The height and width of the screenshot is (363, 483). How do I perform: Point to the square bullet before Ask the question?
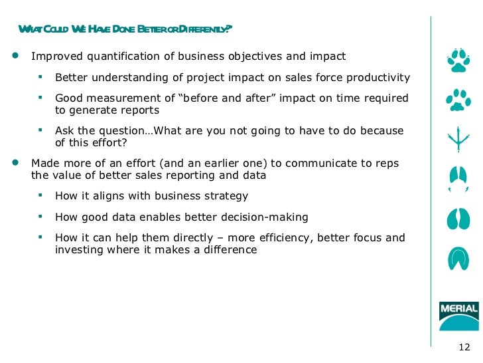click(x=40, y=130)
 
